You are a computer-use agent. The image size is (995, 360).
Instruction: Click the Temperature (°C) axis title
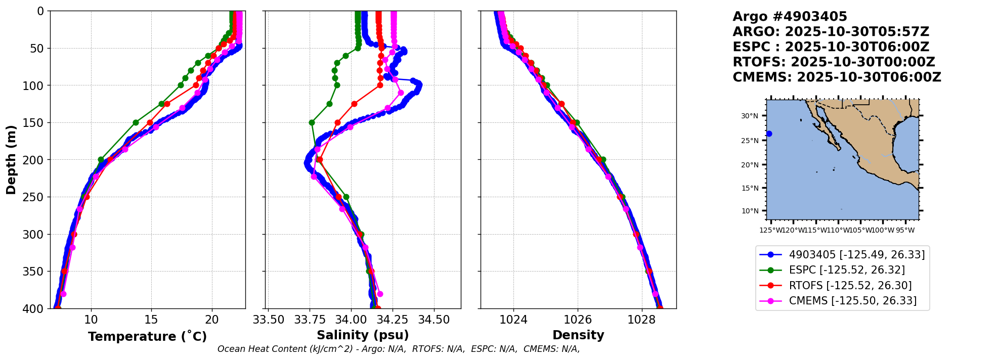(x=147, y=337)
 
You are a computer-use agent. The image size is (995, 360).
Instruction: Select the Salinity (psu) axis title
(x=363, y=335)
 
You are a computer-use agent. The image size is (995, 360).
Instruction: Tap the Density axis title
(x=578, y=335)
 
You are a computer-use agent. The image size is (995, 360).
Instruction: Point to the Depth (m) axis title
(x=11, y=160)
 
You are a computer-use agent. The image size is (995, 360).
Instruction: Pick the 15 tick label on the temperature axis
(x=151, y=320)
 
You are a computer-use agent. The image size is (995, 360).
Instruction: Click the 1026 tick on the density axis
(x=578, y=320)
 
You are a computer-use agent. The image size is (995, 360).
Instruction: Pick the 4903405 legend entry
(x=856, y=255)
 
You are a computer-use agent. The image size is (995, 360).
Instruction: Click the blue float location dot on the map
(x=769, y=133)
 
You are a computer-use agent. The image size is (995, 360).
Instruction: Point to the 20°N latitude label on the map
(x=749, y=165)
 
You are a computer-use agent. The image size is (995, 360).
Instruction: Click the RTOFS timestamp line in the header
(x=834, y=62)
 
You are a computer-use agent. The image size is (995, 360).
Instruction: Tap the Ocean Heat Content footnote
(x=398, y=349)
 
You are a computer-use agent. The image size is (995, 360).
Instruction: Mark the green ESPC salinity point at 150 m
(x=312, y=122)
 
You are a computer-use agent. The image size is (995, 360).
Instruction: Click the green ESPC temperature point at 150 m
(x=136, y=122)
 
